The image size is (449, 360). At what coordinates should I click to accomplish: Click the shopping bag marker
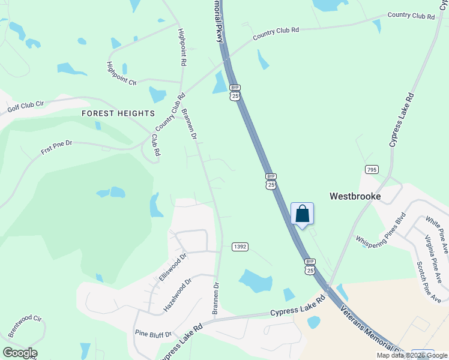(302, 214)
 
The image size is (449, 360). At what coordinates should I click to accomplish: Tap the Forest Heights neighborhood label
(118, 113)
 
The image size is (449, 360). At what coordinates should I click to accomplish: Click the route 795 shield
(371, 170)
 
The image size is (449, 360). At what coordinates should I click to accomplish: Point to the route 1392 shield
(240, 247)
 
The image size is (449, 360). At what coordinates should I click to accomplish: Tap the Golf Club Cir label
(26, 107)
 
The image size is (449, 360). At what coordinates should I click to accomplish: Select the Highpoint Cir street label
(122, 74)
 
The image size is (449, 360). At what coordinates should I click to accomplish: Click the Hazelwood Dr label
(178, 294)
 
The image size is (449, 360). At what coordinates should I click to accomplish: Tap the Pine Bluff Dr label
(153, 334)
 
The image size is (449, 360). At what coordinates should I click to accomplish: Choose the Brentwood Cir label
(25, 327)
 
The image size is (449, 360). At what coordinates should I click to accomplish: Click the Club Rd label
(155, 145)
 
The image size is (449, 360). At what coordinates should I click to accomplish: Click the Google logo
(20, 353)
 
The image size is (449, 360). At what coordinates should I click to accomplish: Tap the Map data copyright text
(412, 355)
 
